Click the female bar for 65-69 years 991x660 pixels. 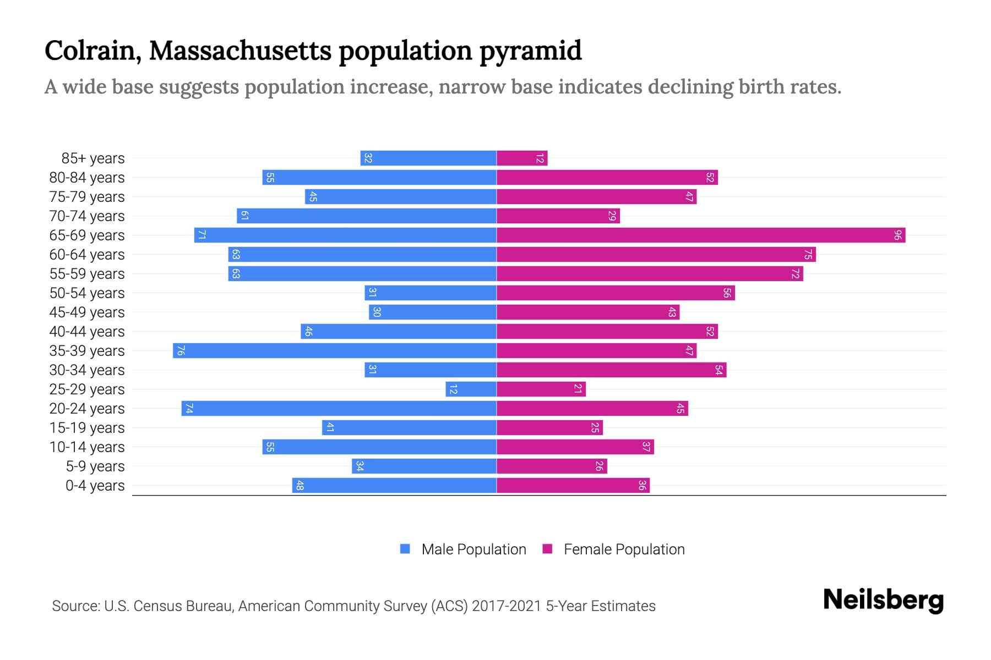coord(701,235)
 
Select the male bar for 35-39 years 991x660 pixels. coord(335,351)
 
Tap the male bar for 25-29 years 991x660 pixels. coord(471,389)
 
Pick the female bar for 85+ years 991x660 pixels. coord(522,158)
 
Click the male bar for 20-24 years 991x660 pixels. coord(339,409)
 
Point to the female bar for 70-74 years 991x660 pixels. coord(558,216)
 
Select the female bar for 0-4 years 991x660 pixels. coord(573,486)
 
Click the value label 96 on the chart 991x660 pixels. coord(897,235)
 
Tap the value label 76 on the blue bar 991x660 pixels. coord(181,351)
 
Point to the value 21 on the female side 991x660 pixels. coord(578,389)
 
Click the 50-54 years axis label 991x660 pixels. coord(87,293)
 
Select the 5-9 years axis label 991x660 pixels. coord(95,466)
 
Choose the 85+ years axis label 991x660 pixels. coord(93,158)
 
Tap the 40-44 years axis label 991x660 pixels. coord(87,332)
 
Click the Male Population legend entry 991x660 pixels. coord(473,549)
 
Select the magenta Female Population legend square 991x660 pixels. coord(547,549)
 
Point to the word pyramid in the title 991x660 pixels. coord(530,51)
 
